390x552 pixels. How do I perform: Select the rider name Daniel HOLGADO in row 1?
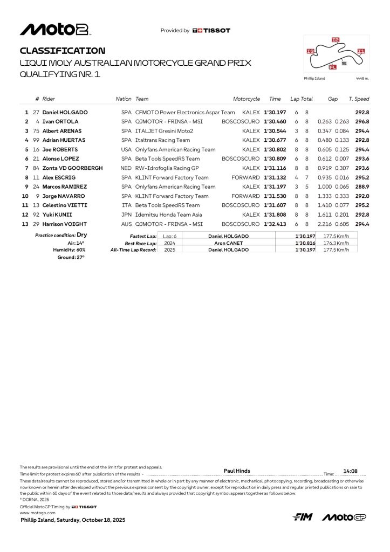[65, 112]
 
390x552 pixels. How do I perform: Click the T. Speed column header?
[359, 99]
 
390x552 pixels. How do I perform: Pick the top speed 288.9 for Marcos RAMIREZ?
[362, 187]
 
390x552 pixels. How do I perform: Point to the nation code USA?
[126, 149]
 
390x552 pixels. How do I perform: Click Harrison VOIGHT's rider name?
[67, 224]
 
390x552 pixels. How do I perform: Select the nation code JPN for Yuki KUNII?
[126, 215]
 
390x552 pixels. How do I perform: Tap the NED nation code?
[126, 168]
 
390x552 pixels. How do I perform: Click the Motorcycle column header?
[247, 99]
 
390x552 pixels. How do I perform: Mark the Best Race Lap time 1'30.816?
[305, 243]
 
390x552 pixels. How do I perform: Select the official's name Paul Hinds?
[237, 471]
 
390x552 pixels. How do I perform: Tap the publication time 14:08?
[351, 471]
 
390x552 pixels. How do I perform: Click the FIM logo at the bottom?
[303, 517]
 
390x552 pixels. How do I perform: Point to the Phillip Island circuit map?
[337, 54]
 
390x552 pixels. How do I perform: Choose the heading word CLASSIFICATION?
[63, 51]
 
